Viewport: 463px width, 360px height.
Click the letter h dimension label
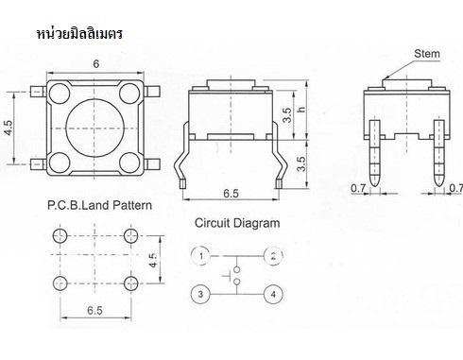click(301, 111)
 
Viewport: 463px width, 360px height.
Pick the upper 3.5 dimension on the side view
click(287, 115)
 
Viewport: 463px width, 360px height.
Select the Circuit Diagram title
click(237, 224)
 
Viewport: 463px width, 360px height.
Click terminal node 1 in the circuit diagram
click(201, 256)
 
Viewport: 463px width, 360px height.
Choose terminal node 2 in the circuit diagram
click(273, 256)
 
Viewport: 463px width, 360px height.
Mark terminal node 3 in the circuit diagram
click(201, 295)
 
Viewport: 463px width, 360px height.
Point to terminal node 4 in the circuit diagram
click(273, 295)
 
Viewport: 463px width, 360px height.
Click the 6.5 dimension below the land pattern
click(94, 310)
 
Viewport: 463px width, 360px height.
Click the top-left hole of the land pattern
click(62, 234)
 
